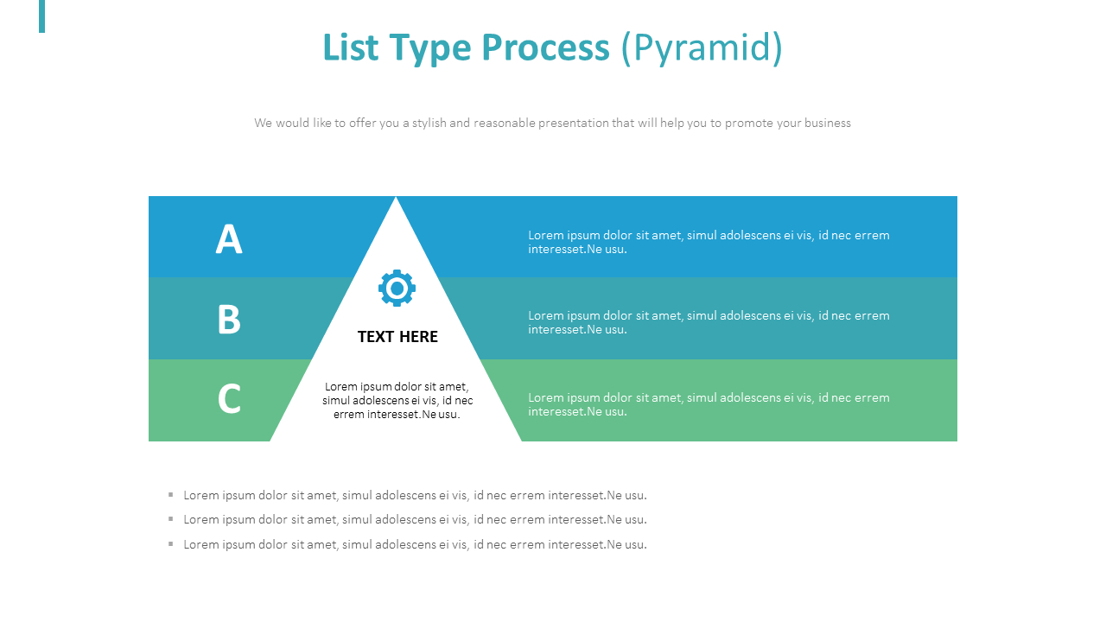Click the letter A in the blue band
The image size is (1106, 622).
pyautogui.click(x=229, y=239)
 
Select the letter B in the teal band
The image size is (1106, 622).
pyautogui.click(x=229, y=320)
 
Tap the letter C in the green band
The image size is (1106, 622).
pyautogui.click(x=229, y=399)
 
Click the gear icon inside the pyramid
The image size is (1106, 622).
pyautogui.click(x=397, y=289)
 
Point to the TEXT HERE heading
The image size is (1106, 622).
pyautogui.click(x=397, y=337)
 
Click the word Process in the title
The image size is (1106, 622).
pyautogui.click(x=545, y=48)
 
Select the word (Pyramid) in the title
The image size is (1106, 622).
pyautogui.click(x=702, y=48)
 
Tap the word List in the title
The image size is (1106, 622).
pyautogui.click(x=350, y=48)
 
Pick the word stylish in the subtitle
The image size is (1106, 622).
pyautogui.click(x=429, y=123)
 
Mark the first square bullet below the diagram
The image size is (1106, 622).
pyautogui.click(x=171, y=494)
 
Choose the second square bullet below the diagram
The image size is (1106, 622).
pyautogui.click(x=171, y=518)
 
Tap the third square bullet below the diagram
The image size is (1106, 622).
pyautogui.click(x=171, y=543)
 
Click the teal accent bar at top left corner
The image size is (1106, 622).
pyautogui.click(x=41, y=16)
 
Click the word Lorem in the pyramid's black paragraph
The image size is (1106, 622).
pyautogui.click(x=340, y=386)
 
